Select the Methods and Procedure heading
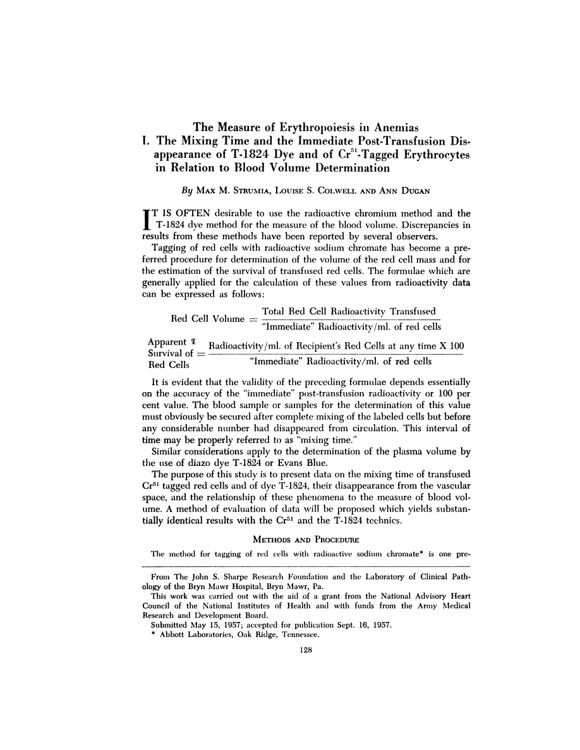click(306, 539)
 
